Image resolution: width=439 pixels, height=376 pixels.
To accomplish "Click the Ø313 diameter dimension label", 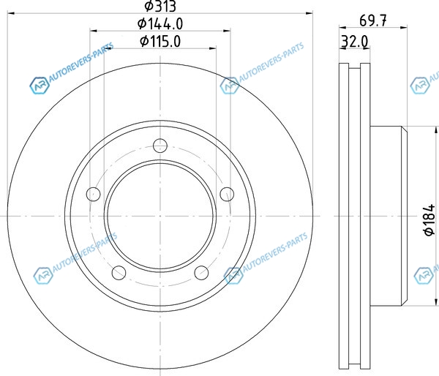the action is click(x=160, y=6).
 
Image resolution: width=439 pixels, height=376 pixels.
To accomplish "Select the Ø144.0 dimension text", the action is click(x=160, y=23).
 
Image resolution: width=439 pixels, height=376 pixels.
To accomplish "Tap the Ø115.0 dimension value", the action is click(x=160, y=42).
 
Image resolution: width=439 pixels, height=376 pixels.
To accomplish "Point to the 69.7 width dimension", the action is click(x=373, y=20).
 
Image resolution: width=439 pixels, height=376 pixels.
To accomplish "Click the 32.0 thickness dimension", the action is click(x=354, y=42).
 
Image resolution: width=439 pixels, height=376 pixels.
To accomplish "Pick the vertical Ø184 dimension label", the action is click(x=429, y=219).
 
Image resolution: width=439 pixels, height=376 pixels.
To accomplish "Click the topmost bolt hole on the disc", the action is click(x=160, y=146).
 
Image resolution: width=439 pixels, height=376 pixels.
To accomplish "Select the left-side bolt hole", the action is click(x=93, y=194).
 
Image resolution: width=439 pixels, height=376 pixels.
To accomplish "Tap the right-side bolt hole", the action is click(x=227, y=194).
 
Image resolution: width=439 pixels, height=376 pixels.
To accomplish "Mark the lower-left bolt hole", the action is click(x=119, y=273).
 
